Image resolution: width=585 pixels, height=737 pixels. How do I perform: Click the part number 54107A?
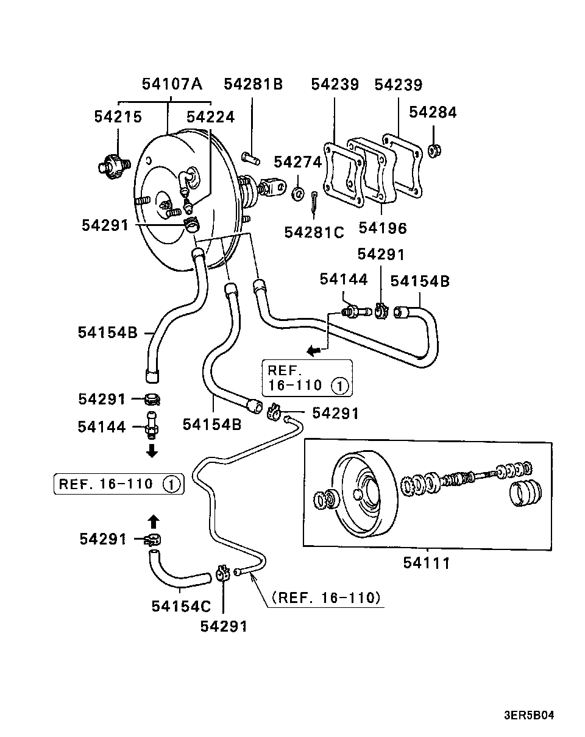point(172,84)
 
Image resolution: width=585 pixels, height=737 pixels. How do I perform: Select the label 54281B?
point(253,84)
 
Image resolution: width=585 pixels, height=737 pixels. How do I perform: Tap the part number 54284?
point(433,112)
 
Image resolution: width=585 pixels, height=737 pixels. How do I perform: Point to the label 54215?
point(118,117)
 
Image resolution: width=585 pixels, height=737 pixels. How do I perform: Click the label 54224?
point(210,117)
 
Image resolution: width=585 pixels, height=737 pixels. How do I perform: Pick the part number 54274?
point(298,162)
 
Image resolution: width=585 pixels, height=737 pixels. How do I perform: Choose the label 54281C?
point(314,233)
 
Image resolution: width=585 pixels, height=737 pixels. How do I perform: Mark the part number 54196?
point(383,228)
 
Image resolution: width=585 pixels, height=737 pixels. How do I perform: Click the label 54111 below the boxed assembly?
point(427,563)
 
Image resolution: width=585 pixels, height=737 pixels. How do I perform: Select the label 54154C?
point(181,607)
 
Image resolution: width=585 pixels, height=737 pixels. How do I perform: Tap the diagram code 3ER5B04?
point(529,716)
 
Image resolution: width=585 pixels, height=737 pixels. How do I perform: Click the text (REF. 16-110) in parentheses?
point(326,598)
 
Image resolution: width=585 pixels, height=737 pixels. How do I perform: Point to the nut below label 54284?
point(434,150)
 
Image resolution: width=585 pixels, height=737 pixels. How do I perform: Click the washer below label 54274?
point(298,194)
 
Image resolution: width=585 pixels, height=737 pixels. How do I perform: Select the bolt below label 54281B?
point(251,158)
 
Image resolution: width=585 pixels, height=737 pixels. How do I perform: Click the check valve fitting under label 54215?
point(113,166)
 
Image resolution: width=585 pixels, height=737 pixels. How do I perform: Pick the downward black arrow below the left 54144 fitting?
point(152,451)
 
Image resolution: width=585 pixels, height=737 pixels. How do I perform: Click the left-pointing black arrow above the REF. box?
point(314,351)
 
